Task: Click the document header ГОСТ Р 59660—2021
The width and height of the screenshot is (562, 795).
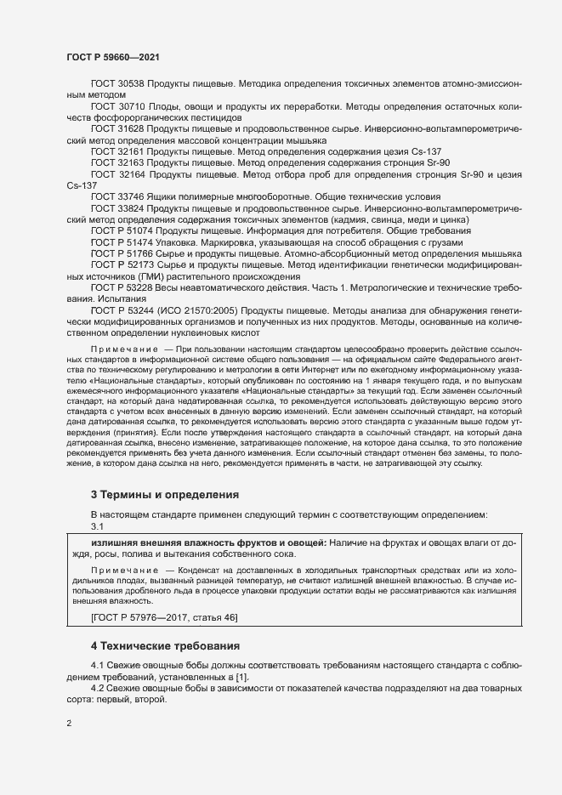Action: point(113,57)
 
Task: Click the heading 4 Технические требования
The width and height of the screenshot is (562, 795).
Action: point(168,647)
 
